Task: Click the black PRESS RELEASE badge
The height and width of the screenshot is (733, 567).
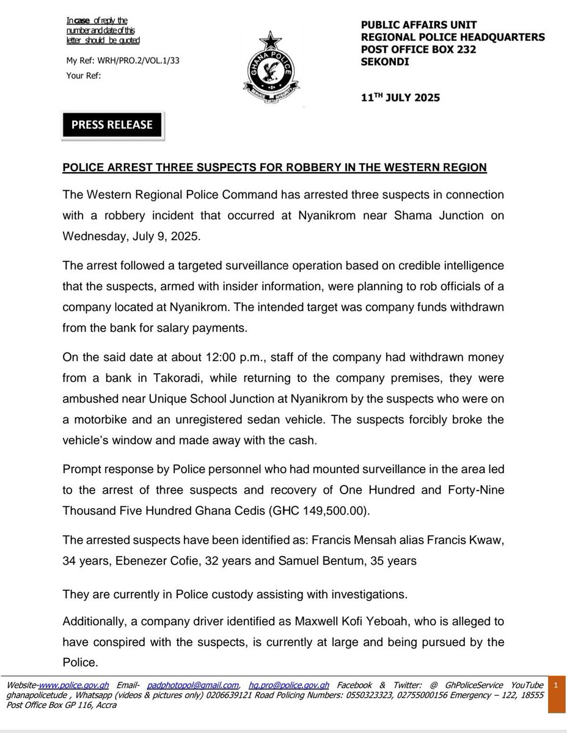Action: [x=112, y=125]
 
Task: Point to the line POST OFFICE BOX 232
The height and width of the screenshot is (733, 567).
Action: [x=419, y=50]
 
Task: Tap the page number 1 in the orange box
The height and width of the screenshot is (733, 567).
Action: [x=556, y=687]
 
